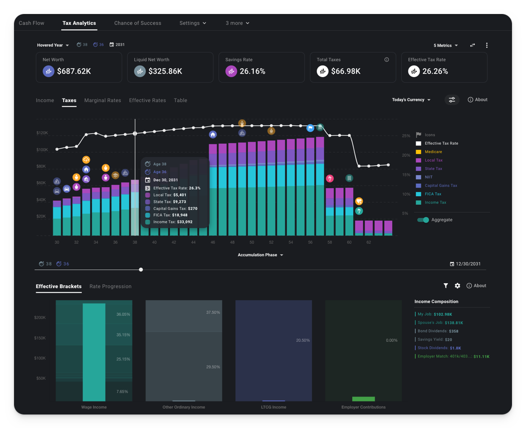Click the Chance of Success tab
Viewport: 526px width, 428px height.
pyautogui.click(x=137, y=23)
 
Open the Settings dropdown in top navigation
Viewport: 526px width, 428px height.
pyautogui.click(x=192, y=23)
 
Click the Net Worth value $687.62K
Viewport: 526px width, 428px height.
pyautogui.click(x=74, y=71)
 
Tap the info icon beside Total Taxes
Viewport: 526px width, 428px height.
pyautogui.click(x=386, y=60)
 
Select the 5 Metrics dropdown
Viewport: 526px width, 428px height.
pyautogui.click(x=445, y=46)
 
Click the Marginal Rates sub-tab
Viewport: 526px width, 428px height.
pyautogui.click(x=102, y=100)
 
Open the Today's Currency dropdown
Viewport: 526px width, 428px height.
pyautogui.click(x=411, y=100)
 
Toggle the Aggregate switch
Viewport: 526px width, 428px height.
pyautogui.click(x=423, y=220)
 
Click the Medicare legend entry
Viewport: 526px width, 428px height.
pyautogui.click(x=433, y=152)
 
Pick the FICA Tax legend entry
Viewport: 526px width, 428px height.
pyautogui.click(x=433, y=194)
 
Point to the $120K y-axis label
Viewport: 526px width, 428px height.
pyautogui.click(x=42, y=133)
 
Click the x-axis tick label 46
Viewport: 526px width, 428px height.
pyautogui.click(x=213, y=242)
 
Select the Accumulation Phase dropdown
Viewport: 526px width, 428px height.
pyautogui.click(x=260, y=255)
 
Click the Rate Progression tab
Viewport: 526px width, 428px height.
pyautogui.click(x=110, y=286)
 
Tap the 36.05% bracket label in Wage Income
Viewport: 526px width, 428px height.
pyautogui.click(x=123, y=314)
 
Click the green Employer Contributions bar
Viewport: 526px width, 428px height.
pyautogui.click(x=363, y=399)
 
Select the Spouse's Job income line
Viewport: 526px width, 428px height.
pyautogui.click(x=440, y=323)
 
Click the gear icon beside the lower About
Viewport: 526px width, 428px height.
pyautogui.click(x=457, y=286)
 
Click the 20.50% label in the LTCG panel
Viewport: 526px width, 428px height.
pyautogui.click(x=303, y=340)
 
